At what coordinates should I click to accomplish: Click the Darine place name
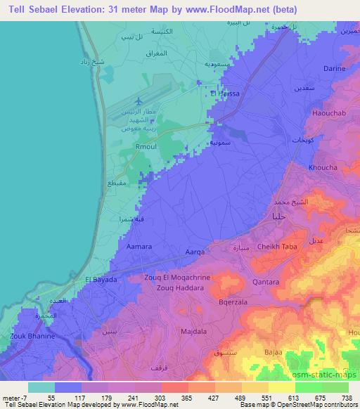(x=334, y=68)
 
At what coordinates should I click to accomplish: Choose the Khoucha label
(x=323, y=168)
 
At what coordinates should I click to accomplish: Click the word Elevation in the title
(x=77, y=9)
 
